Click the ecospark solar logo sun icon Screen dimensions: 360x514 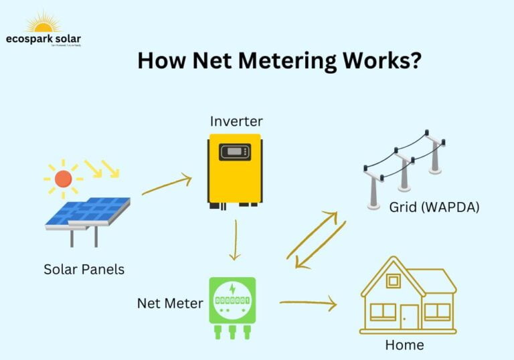point(42,23)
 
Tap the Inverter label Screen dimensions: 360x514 point(236,121)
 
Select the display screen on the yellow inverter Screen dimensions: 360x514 point(234,151)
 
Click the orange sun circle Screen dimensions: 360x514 point(63,179)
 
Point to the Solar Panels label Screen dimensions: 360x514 point(84,270)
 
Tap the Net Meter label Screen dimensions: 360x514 point(170,303)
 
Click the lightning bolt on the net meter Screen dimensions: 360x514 point(232,290)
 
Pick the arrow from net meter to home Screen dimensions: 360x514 point(307,304)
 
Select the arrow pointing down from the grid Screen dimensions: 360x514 point(321,246)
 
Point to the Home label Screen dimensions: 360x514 point(404,345)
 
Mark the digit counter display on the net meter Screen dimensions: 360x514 point(232,302)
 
